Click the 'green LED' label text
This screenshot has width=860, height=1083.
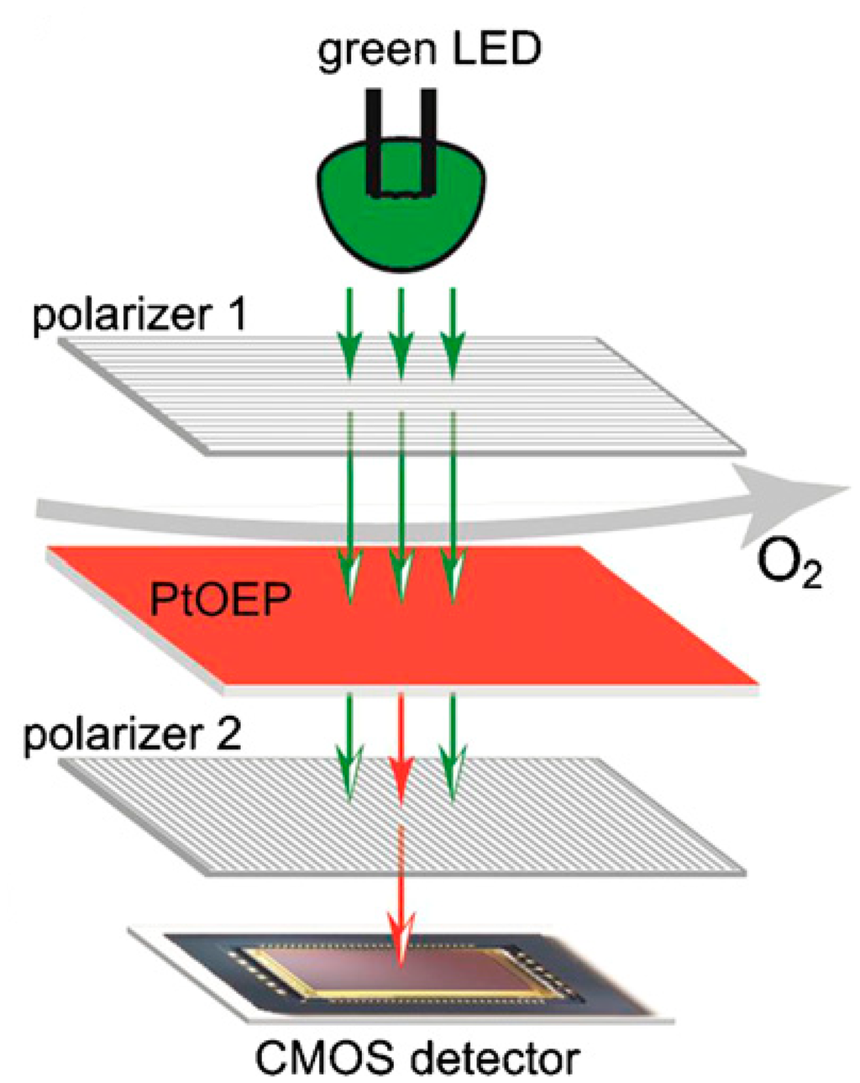point(428,50)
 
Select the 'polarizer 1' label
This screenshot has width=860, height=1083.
point(139,319)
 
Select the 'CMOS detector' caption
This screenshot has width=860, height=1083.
point(417,1058)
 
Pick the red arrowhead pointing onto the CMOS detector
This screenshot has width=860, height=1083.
point(401,945)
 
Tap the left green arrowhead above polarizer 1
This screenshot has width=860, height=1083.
point(349,357)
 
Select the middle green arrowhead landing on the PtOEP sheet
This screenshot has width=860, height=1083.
point(401,581)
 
